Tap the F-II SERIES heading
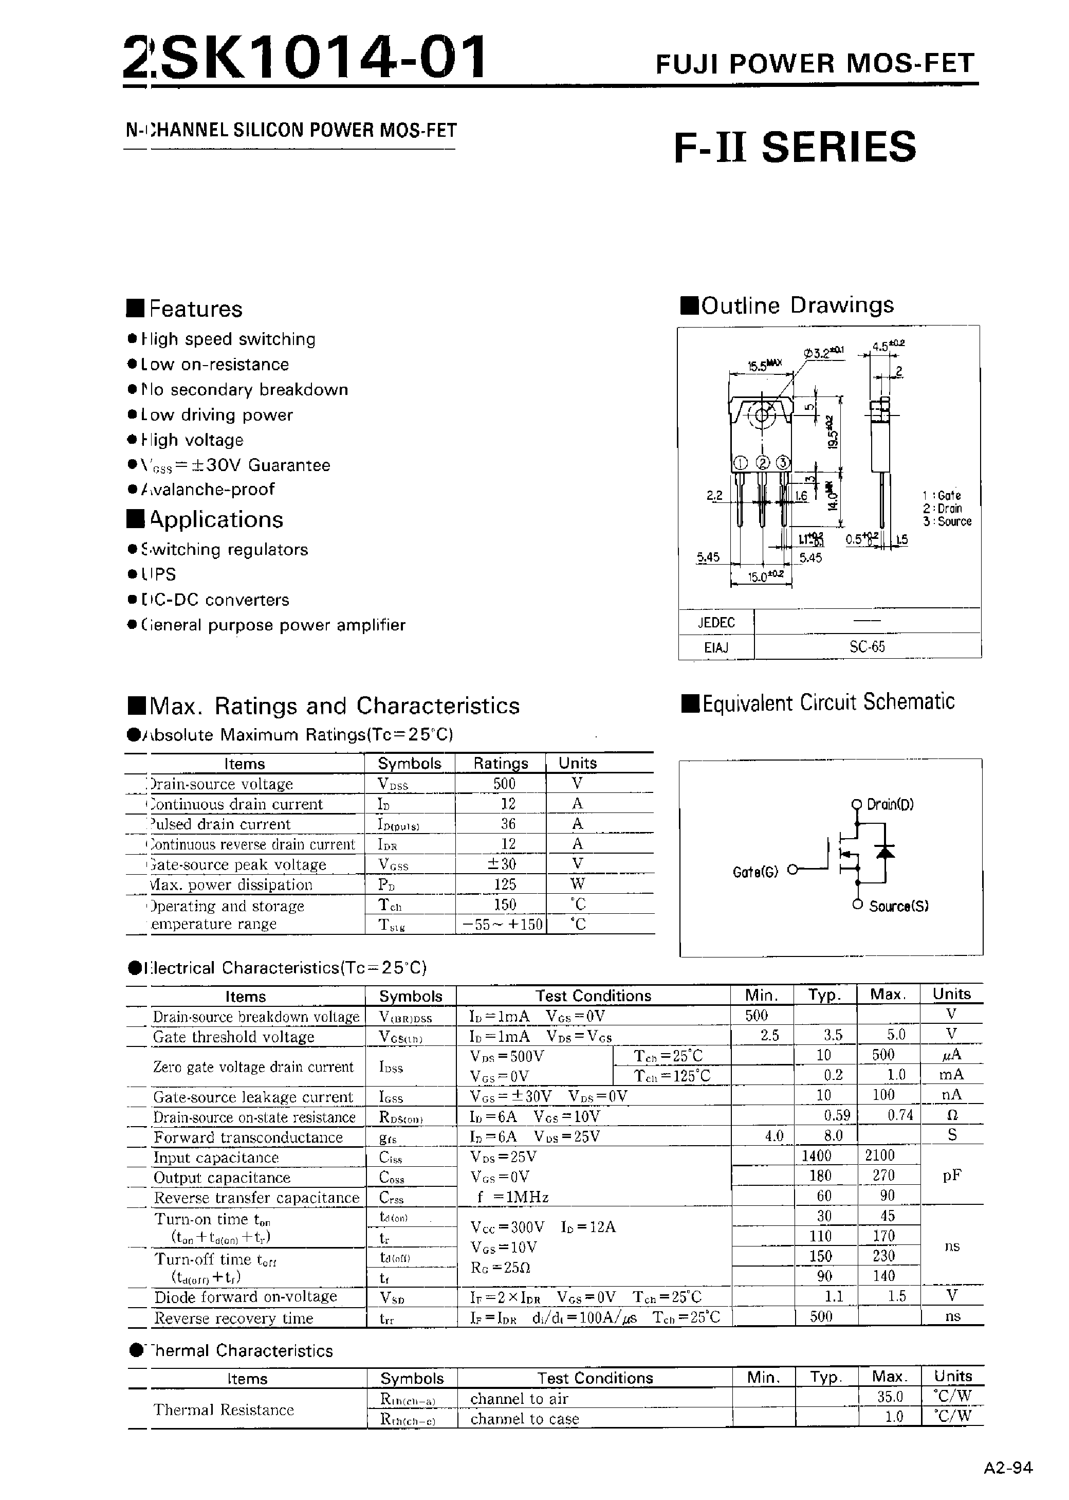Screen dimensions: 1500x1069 coord(795,147)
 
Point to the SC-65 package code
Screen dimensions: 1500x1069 coord(867,646)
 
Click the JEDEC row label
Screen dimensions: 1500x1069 coord(715,622)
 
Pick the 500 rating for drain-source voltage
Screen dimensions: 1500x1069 coord(504,784)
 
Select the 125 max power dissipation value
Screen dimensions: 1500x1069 coord(504,884)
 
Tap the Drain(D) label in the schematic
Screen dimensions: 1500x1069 coord(890,804)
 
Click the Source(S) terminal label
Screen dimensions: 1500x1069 coord(898,906)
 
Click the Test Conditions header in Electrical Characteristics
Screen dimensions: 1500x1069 coord(593,996)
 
